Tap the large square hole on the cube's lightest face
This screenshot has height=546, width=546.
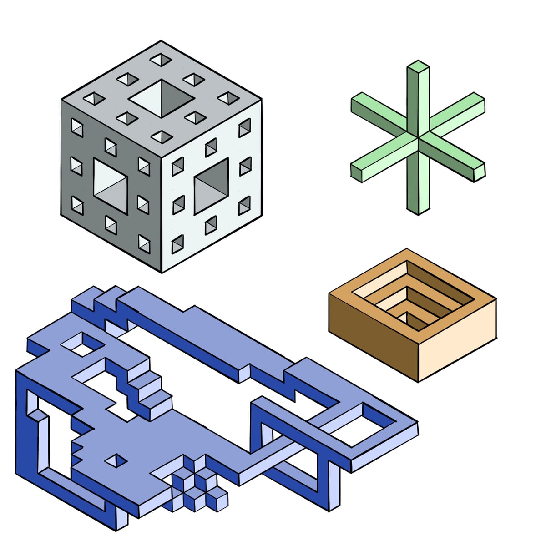212,187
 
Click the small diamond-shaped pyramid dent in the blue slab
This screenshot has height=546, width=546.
116,460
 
